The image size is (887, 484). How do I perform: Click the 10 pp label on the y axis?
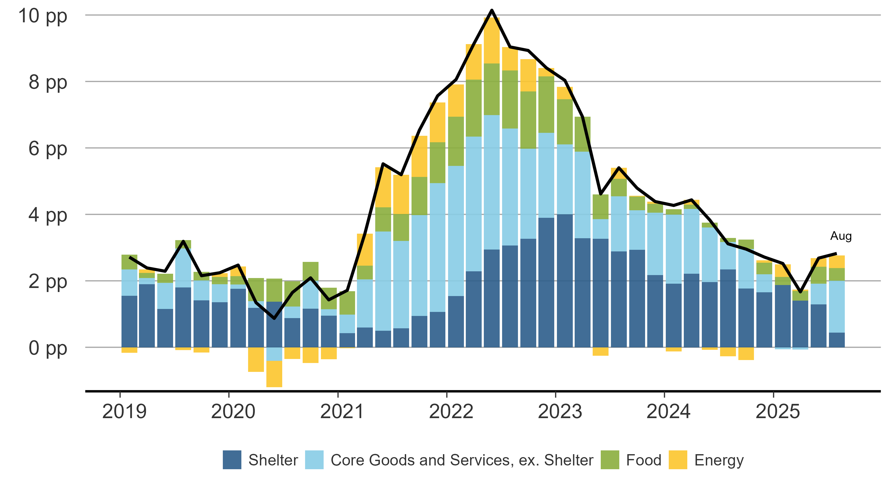pos(43,16)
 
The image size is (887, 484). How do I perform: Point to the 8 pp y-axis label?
pos(48,83)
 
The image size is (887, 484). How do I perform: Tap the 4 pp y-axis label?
pos(48,216)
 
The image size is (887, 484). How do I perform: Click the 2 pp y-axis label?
pos(48,282)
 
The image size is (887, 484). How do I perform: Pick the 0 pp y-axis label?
pos(48,348)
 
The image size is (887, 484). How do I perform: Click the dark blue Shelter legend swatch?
pos(232,460)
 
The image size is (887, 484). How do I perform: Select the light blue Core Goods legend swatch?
pos(314,460)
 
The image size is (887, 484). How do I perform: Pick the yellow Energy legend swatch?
pos(678,460)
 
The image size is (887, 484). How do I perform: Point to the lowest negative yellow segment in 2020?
pos(274,374)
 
